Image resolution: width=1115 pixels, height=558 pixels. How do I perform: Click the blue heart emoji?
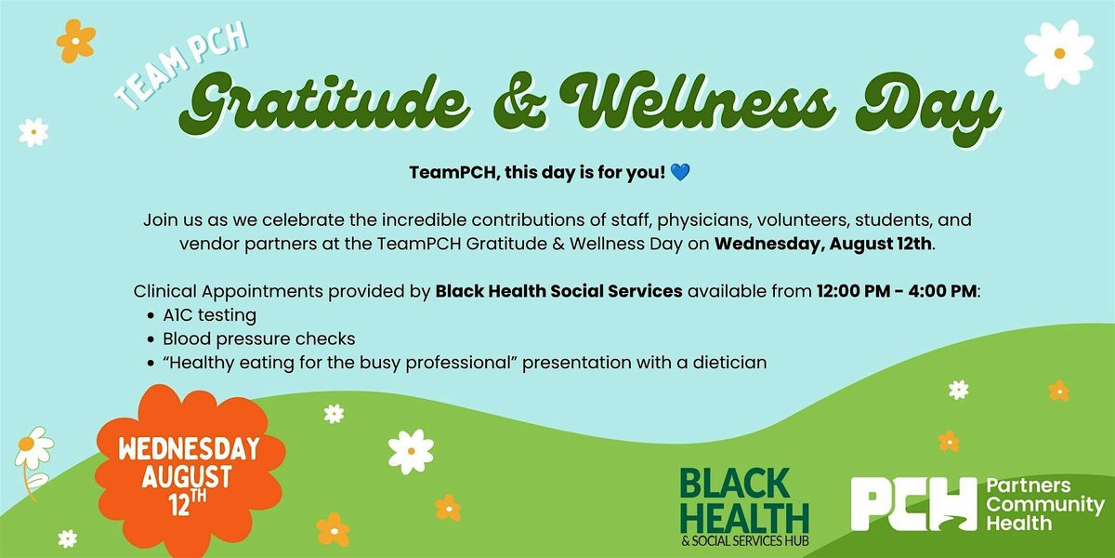pyautogui.click(x=680, y=172)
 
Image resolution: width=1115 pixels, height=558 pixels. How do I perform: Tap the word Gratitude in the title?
pyautogui.click(x=323, y=103)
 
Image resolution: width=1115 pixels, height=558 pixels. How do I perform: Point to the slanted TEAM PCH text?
pyautogui.click(x=182, y=66)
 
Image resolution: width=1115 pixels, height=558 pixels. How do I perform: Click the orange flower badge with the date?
pyautogui.click(x=190, y=471)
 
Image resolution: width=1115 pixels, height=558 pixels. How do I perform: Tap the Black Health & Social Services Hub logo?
pyautogui.click(x=744, y=507)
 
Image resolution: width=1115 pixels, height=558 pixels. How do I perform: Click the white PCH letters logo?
pyautogui.click(x=914, y=504)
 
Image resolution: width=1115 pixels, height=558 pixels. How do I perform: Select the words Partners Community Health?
pyautogui.click(x=1044, y=504)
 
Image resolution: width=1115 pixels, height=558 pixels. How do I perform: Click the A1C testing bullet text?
pyautogui.click(x=210, y=315)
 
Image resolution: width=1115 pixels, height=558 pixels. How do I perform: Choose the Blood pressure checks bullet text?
pyautogui.click(x=259, y=339)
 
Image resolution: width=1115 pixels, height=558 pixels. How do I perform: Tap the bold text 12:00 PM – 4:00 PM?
pyautogui.click(x=897, y=291)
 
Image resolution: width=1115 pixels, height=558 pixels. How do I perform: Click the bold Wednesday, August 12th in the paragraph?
pyautogui.click(x=823, y=244)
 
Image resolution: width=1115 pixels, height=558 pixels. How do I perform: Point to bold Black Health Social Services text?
pyautogui.click(x=558, y=291)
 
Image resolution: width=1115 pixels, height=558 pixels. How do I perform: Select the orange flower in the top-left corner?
pyautogui.click(x=75, y=41)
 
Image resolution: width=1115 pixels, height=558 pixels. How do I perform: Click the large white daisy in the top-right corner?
pyautogui.click(x=1059, y=53)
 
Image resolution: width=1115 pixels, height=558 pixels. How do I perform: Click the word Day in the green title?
pyautogui.click(x=929, y=107)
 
